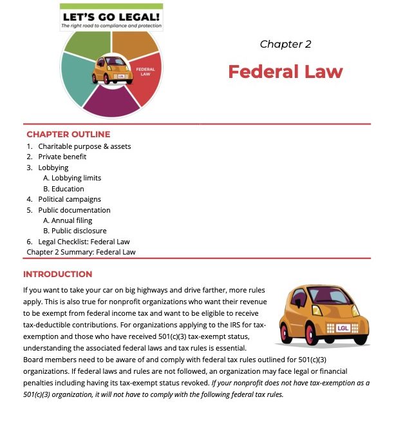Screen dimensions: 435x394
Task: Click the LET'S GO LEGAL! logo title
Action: click(111, 15)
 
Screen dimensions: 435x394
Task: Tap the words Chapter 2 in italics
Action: click(285, 44)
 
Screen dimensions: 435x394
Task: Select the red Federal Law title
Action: click(285, 72)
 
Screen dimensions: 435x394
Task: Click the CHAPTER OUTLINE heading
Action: click(68, 135)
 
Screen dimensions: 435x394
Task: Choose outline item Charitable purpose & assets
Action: click(84, 146)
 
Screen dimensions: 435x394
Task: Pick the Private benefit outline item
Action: click(62, 157)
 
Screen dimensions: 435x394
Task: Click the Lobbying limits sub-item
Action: click(72, 178)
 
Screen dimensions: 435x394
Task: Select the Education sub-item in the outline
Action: click(63, 189)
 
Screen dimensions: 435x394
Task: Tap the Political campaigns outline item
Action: click(70, 199)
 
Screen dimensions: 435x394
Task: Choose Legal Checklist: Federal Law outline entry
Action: click(84, 242)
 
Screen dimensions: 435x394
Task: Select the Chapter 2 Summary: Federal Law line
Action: click(81, 252)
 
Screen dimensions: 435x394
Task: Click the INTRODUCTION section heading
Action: click(58, 274)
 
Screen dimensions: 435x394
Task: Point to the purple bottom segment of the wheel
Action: click(111, 103)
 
